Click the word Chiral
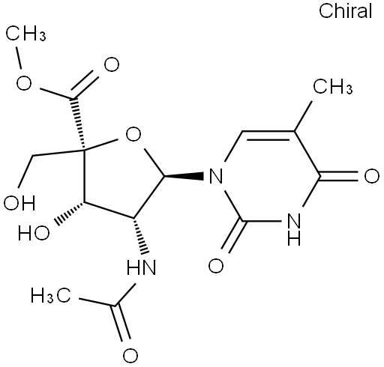(346, 11)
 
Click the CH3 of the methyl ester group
(25, 33)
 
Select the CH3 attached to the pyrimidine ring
(333, 86)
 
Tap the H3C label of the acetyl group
(51, 295)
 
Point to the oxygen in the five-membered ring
(133, 134)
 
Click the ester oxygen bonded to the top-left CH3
(24, 82)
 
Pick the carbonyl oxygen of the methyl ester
(112, 64)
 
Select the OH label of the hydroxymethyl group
(19, 202)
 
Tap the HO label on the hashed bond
(34, 233)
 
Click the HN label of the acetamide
(141, 267)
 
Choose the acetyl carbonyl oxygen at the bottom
(130, 355)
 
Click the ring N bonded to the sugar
(215, 176)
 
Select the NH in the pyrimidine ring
(294, 229)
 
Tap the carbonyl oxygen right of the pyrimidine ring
(371, 176)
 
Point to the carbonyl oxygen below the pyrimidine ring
(216, 265)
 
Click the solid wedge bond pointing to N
(184, 176)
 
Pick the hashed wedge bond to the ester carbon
(79, 124)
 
